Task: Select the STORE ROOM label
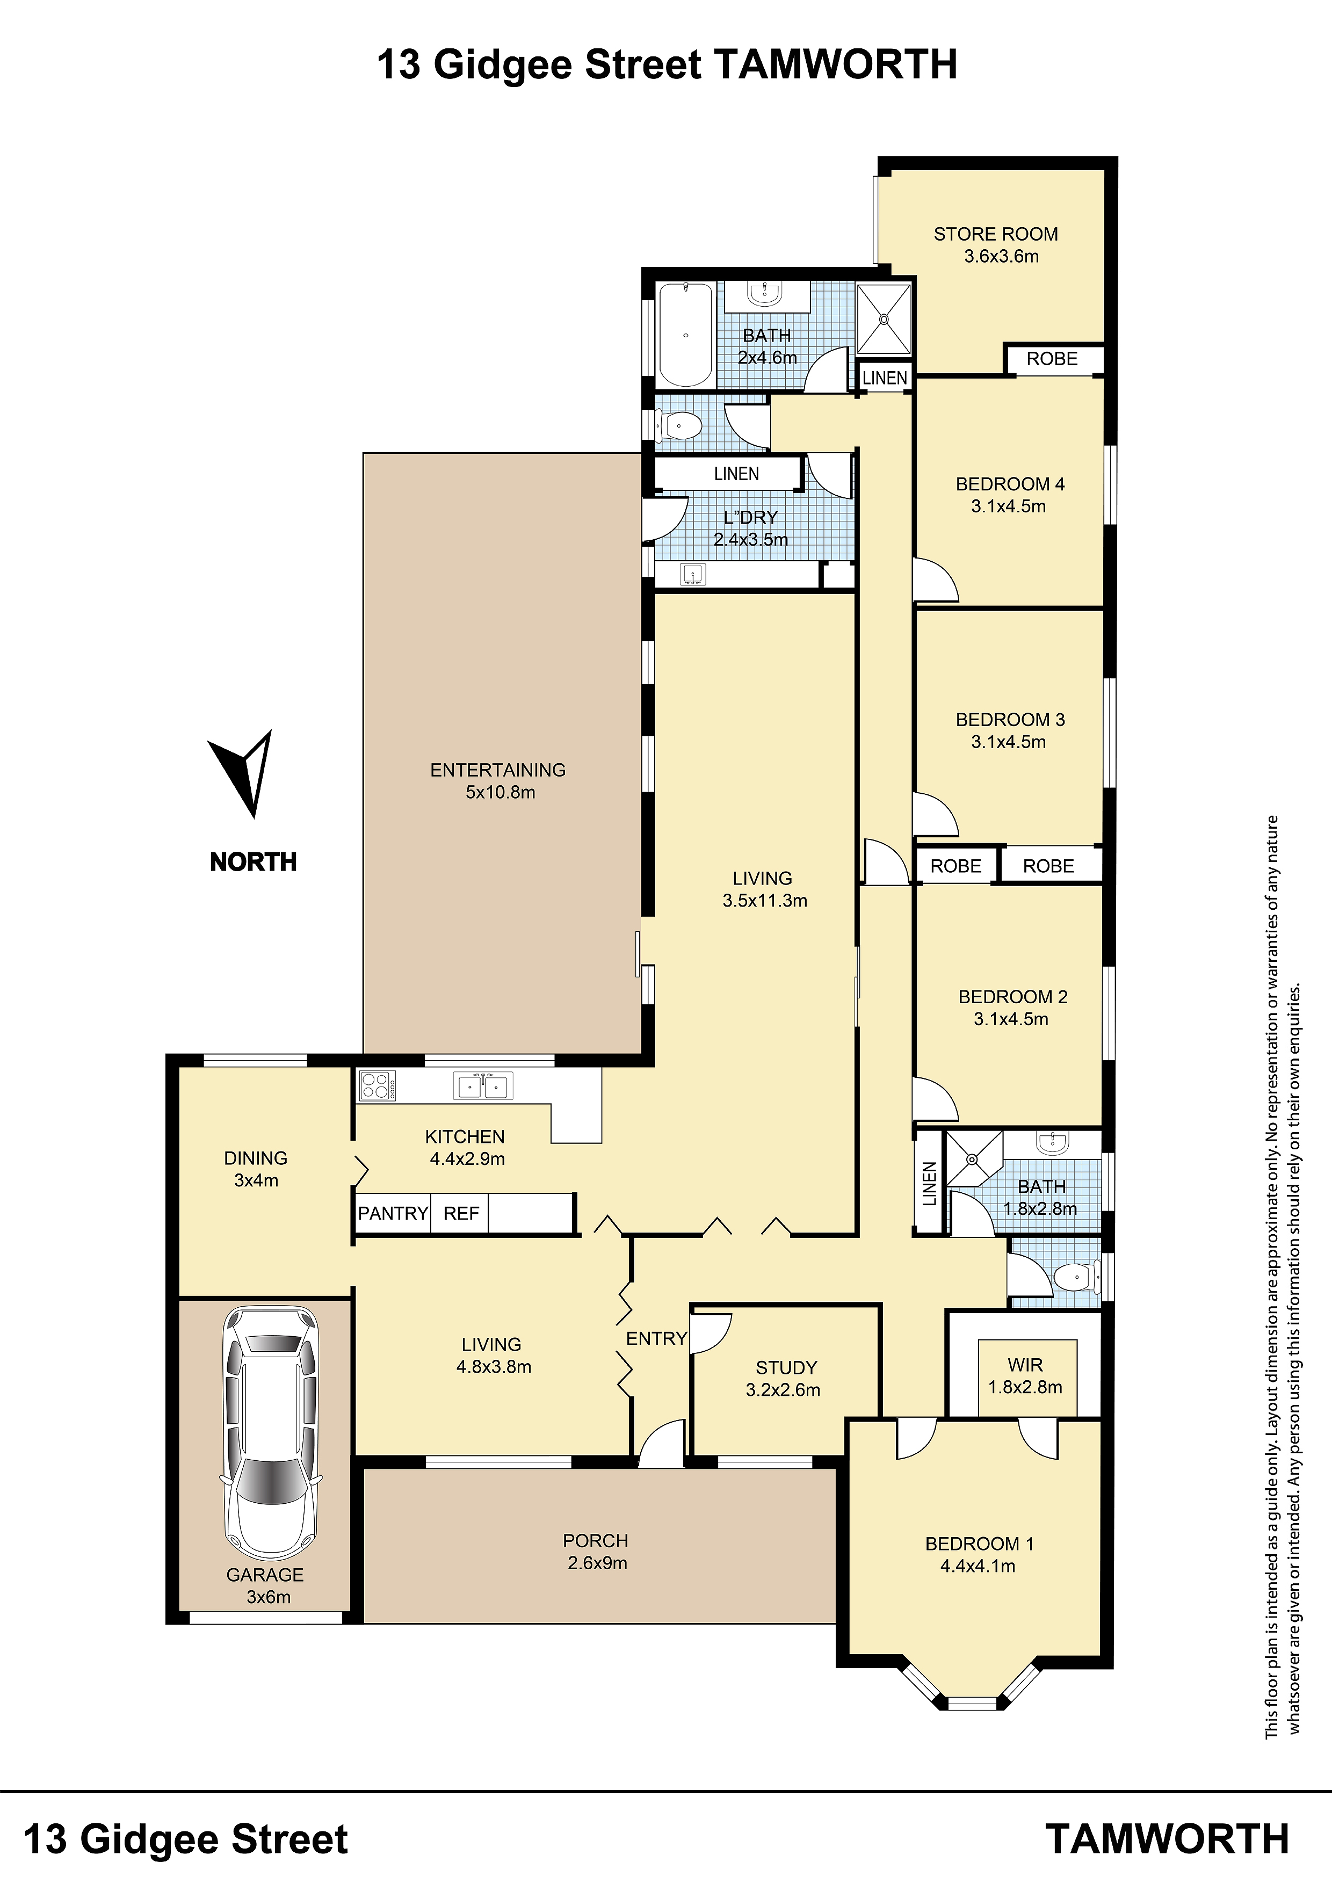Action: click(996, 235)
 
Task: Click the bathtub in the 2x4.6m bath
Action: click(685, 334)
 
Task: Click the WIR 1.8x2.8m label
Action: click(1025, 1375)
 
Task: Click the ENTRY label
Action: click(656, 1339)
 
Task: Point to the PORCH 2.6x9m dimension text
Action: click(597, 1563)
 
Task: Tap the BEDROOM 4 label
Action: click(1010, 484)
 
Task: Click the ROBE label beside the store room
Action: click(1052, 359)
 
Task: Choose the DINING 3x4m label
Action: click(256, 1169)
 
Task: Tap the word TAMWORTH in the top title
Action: click(836, 64)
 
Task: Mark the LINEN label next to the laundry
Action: click(736, 474)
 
